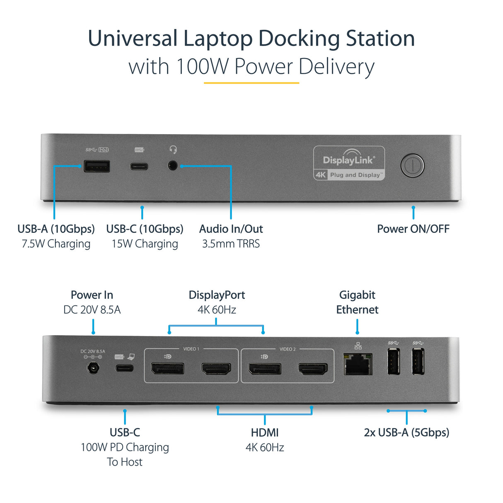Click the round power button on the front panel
tap(412, 166)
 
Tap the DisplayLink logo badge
tap(349, 163)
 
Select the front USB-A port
tap(97, 166)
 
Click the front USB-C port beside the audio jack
tap(139, 167)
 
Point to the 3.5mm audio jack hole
tap(173, 166)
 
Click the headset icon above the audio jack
tap(173, 149)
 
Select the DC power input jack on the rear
tap(93, 368)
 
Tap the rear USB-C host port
tap(124, 368)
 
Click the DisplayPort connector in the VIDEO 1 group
tap(167, 368)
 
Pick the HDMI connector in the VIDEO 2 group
tap(313, 368)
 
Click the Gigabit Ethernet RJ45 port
tap(358, 364)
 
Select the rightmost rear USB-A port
tap(418, 361)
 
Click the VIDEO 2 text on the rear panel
tap(288, 349)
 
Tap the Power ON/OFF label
tap(413, 229)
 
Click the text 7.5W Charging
tap(56, 244)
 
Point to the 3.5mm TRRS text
tap(231, 244)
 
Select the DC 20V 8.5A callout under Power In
tap(92, 310)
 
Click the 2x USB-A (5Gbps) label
tap(406, 433)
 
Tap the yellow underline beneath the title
tap(251, 83)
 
